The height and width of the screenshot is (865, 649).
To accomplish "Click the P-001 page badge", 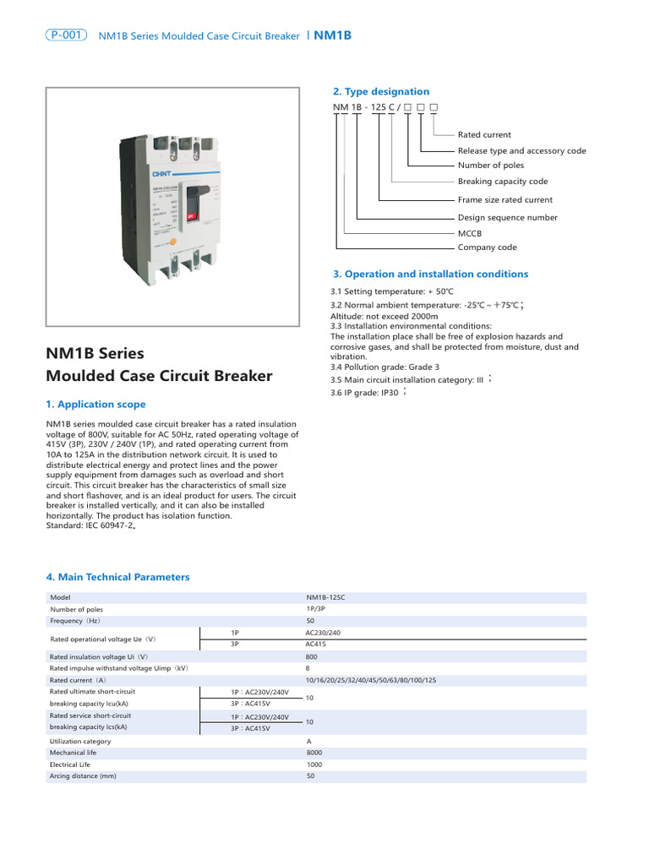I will click(67, 35).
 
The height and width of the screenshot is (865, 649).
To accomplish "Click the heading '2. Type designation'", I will click(380, 91).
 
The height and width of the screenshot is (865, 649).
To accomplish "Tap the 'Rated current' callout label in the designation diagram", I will click(484, 134).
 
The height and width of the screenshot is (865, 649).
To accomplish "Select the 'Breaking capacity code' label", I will click(503, 182).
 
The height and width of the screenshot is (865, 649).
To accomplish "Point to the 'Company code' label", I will click(487, 248).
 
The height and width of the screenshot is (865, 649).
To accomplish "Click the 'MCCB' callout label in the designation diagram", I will click(470, 232).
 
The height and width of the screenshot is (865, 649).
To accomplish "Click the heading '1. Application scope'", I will click(95, 405).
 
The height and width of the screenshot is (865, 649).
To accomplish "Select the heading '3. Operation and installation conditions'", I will click(430, 274).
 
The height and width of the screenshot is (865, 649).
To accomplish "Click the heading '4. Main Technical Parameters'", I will click(117, 577).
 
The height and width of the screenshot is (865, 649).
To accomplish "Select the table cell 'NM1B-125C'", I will click(326, 597).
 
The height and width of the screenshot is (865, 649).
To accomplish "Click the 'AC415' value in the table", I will click(316, 644).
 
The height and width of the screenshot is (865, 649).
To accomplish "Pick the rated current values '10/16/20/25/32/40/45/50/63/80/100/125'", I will click(371, 680).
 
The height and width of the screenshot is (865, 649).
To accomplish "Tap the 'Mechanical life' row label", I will click(73, 752).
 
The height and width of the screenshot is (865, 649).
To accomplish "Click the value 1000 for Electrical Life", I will click(314, 764).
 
